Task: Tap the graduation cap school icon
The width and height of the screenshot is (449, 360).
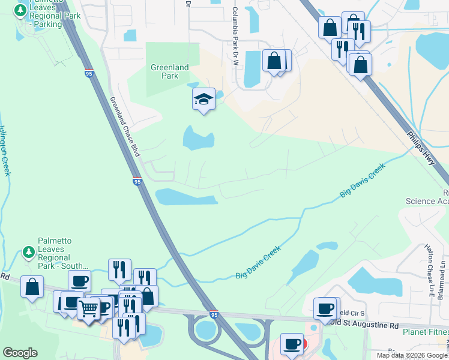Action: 203,99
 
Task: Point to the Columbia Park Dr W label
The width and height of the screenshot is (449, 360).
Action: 235,31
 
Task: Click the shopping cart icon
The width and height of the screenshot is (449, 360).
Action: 88,308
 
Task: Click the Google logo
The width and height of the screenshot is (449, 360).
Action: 20,353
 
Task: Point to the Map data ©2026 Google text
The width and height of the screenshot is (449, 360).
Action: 411,355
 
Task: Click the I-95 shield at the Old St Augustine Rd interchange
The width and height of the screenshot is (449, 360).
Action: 214,314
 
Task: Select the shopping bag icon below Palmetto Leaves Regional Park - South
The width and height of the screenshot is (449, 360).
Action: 32,287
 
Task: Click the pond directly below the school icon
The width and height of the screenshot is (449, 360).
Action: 198,139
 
